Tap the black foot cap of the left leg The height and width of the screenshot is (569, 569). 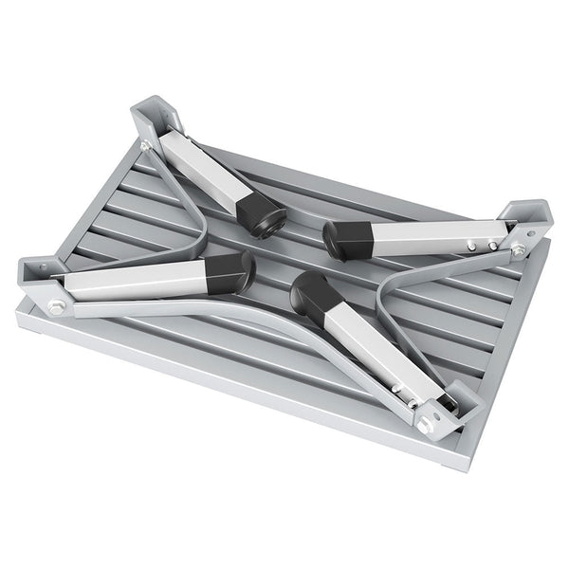click(x=230, y=272)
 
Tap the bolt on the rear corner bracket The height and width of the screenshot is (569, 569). click(x=145, y=145)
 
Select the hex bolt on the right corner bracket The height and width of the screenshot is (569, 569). click(x=519, y=250)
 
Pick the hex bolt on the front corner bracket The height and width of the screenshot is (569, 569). click(x=423, y=426)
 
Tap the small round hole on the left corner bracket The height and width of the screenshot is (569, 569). click(x=42, y=268)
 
